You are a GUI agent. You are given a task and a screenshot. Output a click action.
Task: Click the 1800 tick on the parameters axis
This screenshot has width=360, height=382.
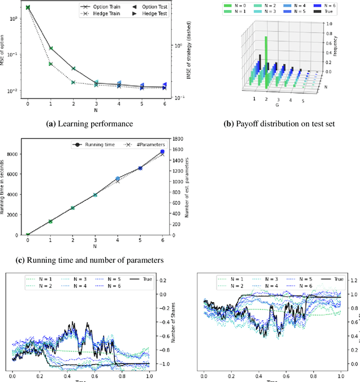point(177,139)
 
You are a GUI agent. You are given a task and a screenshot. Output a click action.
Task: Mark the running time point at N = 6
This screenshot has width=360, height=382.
point(163,152)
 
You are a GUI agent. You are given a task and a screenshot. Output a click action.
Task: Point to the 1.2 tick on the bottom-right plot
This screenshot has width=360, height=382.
point(353,280)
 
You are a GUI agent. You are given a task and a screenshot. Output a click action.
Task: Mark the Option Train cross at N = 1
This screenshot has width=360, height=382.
point(51,48)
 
